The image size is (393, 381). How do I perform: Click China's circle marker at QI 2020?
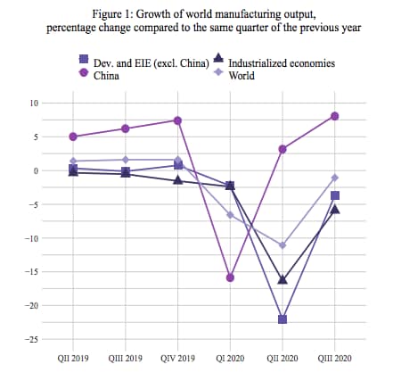pyautogui.click(x=230, y=277)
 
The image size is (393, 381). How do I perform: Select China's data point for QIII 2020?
pyautogui.click(x=335, y=116)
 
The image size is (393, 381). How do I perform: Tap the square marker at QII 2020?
pyautogui.click(x=282, y=319)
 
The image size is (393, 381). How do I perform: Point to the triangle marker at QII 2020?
pyautogui.click(x=282, y=279)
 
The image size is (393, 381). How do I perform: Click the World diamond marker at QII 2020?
pyautogui.click(x=282, y=245)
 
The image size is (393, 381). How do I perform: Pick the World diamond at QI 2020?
pyautogui.click(x=230, y=215)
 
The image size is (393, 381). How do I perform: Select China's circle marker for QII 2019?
pyautogui.click(x=73, y=137)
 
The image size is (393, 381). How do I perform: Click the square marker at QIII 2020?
pyautogui.click(x=335, y=195)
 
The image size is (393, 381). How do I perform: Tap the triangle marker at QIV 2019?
pyautogui.click(x=178, y=179)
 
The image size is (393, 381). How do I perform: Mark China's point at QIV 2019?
pyautogui.click(x=178, y=120)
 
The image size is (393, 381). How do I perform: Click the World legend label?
pyautogui.click(x=242, y=76)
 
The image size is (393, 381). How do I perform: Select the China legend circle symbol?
pyautogui.click(x=84, y=72)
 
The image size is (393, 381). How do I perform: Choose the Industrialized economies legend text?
pyautogui.click(x=282, y=63)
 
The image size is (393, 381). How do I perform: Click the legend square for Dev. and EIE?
pyautogui.click(x=84, y=59)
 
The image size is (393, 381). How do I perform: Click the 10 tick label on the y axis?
pyautogui.click(x=34, y=104)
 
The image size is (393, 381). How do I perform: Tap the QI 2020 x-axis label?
pyautogui.click(x=230, y=358)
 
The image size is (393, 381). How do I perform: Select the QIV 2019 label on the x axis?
pyautogui.click(x=178, y=358)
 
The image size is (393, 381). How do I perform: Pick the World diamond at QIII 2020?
pyautogui.click(x=335, y=178)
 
